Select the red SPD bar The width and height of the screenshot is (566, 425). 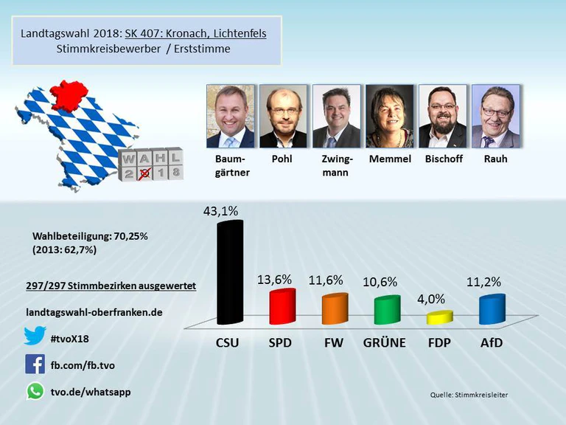click(x=282, y=307)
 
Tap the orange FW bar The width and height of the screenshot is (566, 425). click(x=335, y=308)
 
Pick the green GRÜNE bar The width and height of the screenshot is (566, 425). click(x=386, y=310)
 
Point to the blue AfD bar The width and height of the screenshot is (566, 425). click(x=492, y=309)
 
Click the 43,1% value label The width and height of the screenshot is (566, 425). click(x=221, y=211)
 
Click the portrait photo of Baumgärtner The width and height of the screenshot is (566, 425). click(x=230, y=116)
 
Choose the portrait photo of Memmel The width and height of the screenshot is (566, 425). click(x=389, y=116)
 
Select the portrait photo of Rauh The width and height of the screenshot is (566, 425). click(x=495, y=116)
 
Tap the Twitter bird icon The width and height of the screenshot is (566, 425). click(x=35, y=336)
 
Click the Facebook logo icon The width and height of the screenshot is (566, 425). click(x=35, y=364)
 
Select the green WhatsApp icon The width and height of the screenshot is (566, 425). click(x=35, y=391)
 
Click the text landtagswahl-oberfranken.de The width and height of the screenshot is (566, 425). click(x=94, y=312)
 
